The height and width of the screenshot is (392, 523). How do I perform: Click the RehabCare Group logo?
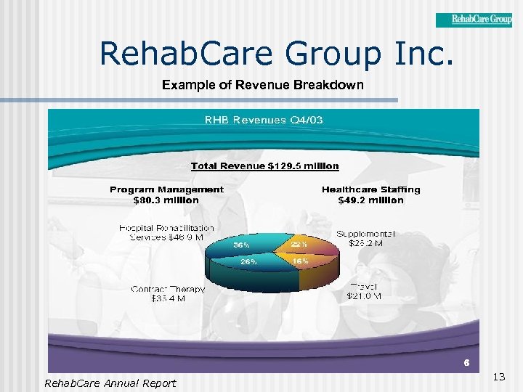tap(474, 20)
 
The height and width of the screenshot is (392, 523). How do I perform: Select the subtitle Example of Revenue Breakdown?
tap(263, 85)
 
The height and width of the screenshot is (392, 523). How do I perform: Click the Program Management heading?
tap(166, 189)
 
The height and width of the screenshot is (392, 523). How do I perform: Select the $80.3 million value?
tap(166, 200)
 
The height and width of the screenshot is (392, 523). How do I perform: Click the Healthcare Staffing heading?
tap(370, 189)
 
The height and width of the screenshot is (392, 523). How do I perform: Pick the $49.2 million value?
tap(370, 200)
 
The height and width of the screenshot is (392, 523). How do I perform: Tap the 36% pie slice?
tap(242, 245)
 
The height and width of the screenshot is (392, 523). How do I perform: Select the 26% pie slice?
tap(248, 262)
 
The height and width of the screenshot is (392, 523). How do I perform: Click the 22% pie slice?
tap(299, 245)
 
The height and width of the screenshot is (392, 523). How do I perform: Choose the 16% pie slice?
tap(300, 261)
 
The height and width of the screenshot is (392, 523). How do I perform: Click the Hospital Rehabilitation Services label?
tap(166, 232)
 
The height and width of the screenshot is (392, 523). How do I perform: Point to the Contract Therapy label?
tap(168, 293)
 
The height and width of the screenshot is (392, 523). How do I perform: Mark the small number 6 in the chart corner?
tap(467, 362)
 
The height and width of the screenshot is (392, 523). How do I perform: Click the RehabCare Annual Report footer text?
tap(110, 383)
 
